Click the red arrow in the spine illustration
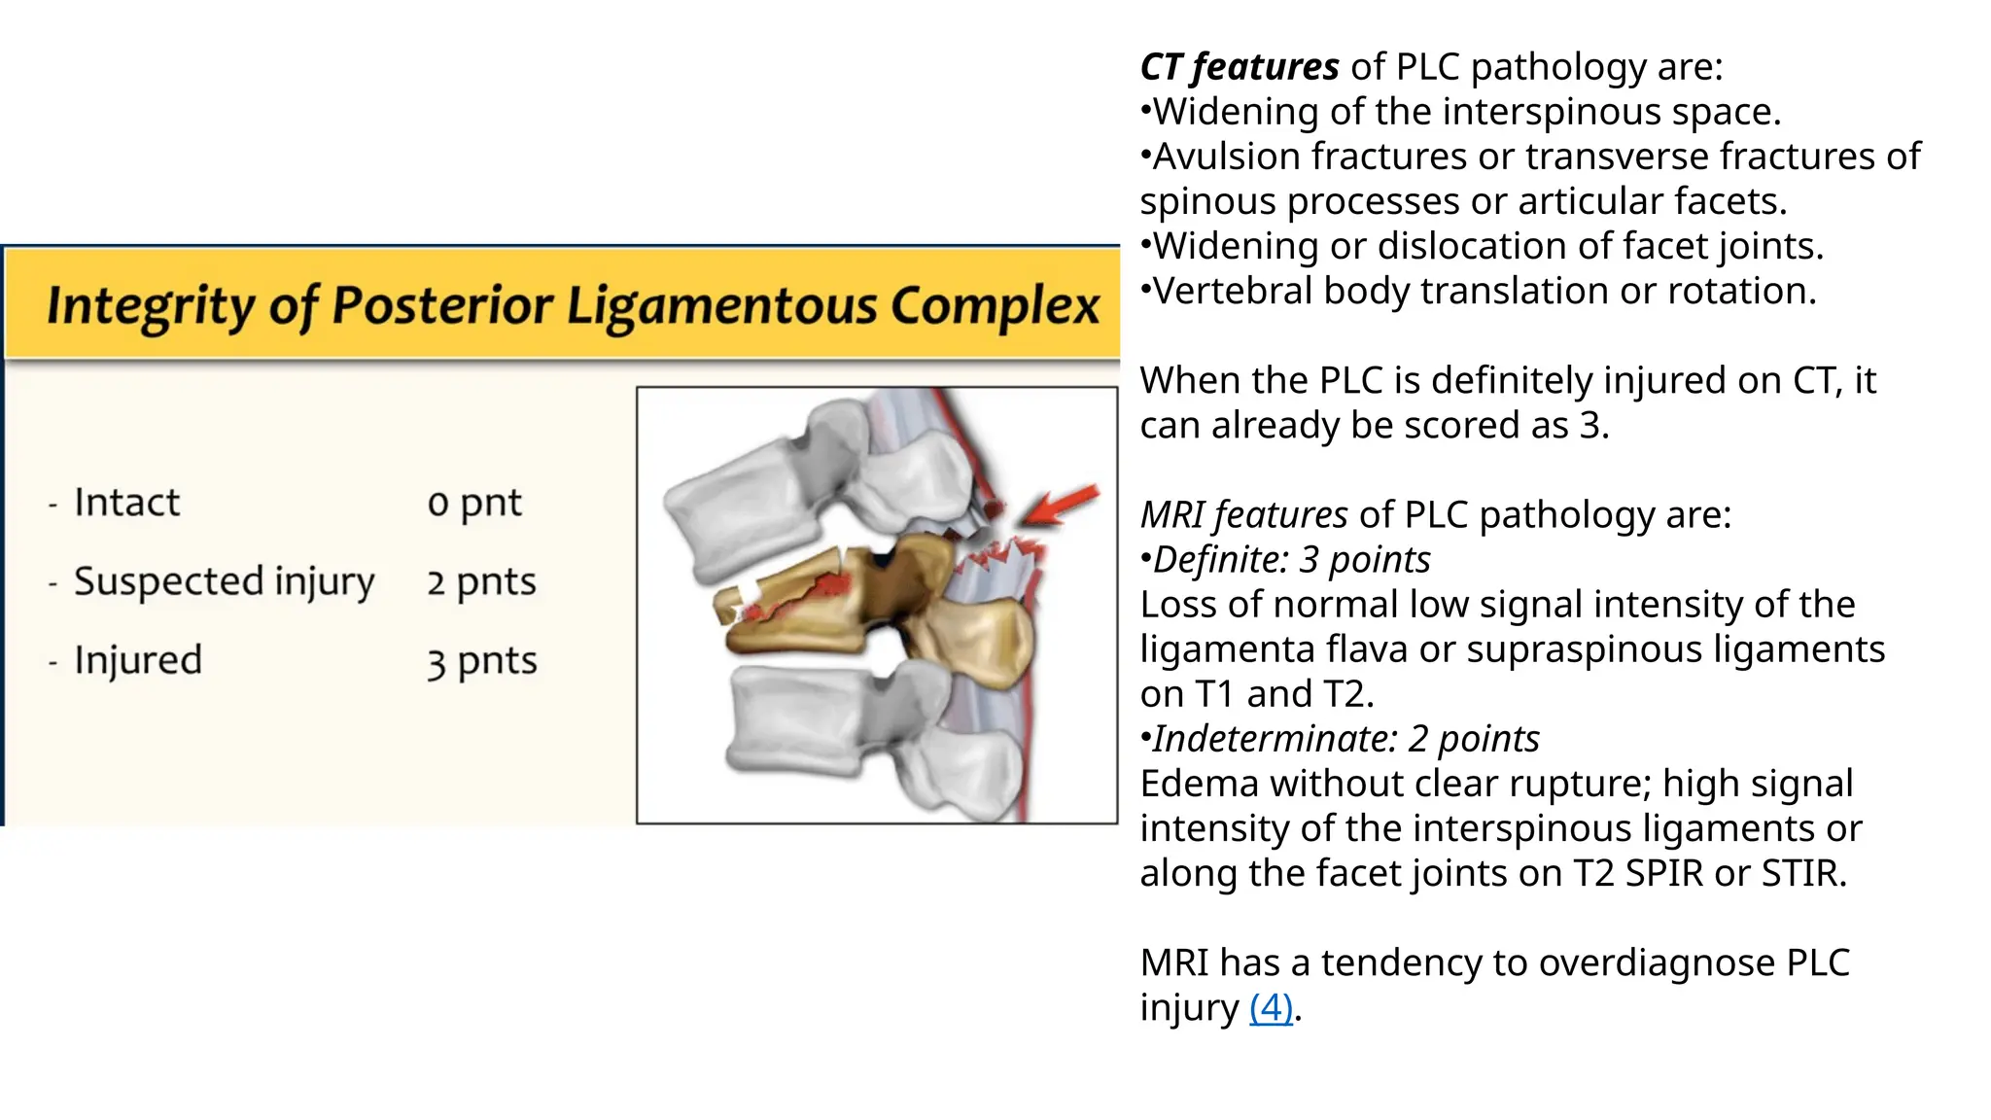click(1062, 505)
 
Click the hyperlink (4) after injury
click(1271, 1007)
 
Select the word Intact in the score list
click(126, 503)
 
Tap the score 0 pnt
click(474, 503)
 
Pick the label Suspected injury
click(224, 581)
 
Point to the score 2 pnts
click(481, 581)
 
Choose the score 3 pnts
click(481, 661)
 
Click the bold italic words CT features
click(1239, 67)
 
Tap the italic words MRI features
click(1243, 514)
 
